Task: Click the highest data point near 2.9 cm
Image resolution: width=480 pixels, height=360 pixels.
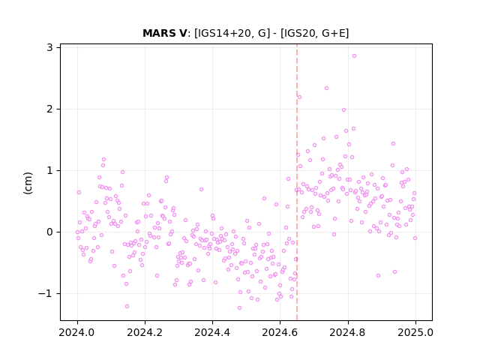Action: [x=354, y=55]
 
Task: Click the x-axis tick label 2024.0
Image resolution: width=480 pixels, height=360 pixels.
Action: [x=77, y=332]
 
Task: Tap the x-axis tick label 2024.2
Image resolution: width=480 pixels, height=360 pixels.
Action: [x=145, y=332]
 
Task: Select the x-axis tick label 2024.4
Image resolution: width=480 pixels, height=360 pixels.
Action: [x=212, y=332]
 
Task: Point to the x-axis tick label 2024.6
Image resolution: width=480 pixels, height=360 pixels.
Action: [x=280, y=332]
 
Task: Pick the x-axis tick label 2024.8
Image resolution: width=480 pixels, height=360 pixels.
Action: [x=348, y=332]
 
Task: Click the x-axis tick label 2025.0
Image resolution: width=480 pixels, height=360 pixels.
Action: [x=415, y=332]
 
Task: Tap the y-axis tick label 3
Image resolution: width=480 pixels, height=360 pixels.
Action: [x=50, y=47]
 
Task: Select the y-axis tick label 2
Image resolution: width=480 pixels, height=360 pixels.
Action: [x=50, y=109]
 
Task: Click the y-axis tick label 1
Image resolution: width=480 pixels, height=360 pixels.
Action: [x=50, y=170]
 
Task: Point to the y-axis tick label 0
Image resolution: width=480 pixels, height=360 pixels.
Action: [x=50, y=232]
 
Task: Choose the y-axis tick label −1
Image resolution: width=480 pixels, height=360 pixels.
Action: [x=46, y=293]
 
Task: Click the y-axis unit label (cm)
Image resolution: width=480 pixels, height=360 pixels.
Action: [x=28, y=183]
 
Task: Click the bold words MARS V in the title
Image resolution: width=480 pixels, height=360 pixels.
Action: [x=165, y=33]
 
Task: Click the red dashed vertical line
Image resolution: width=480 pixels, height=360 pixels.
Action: [x=297, y=182]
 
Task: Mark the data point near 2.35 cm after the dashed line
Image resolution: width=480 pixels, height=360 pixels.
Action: [x=327, y=88]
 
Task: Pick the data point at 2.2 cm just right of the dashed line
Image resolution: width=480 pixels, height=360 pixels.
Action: [x=299, y=97]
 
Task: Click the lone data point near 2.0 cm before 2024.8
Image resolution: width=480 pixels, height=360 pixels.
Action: [x=343, y=110]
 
